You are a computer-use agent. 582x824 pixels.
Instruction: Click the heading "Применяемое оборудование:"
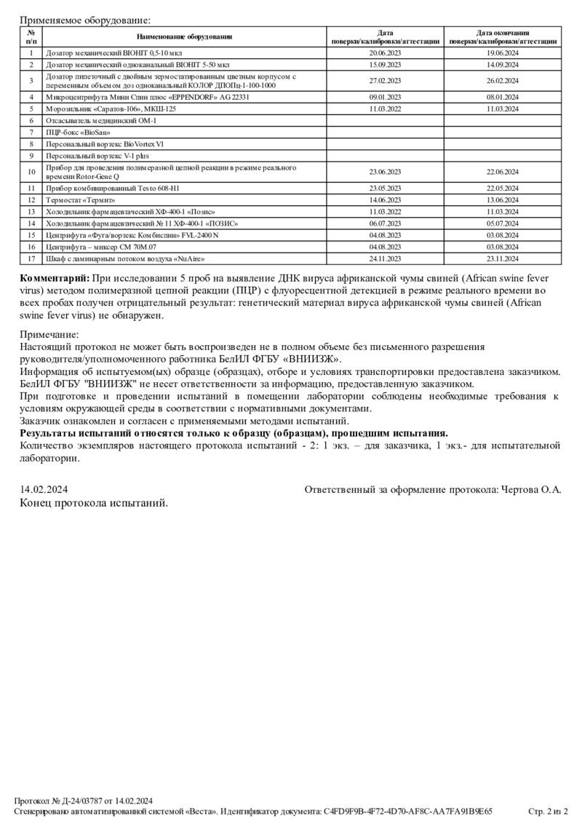[86, 20]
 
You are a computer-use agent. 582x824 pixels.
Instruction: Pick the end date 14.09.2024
[503, 66]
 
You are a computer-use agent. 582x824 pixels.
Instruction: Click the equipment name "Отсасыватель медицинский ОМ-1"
[101, 120]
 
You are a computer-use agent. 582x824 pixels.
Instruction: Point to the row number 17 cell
[31, 259]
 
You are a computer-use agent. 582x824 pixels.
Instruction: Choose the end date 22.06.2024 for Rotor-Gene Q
[503, 173]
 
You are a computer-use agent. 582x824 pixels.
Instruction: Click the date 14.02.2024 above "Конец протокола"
[44, 490]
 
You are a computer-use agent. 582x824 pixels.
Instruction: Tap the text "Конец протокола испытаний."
[94, 502]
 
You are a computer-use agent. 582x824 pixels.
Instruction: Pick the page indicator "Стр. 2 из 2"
[547, 811]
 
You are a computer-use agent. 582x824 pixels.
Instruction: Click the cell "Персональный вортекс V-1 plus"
[97, 156]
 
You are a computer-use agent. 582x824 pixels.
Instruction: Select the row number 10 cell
[31, 173]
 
